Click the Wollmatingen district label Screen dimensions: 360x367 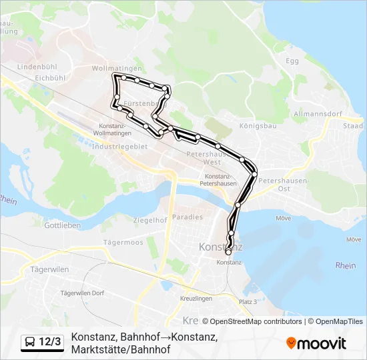click(x=117, y=69)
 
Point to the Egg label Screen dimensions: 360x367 click(x=292, y=61)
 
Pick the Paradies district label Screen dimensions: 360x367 click(x=187, y=217)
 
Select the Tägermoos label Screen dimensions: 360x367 click(x=124, y=243)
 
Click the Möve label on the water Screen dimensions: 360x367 click(x=283, y=218)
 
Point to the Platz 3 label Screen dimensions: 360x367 click(x=248, y=302)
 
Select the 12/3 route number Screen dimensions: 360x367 click(x=50, y=342)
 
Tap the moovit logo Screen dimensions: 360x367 click(x=316, y=343)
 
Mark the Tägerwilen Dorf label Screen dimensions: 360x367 click(x=82, y=293)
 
